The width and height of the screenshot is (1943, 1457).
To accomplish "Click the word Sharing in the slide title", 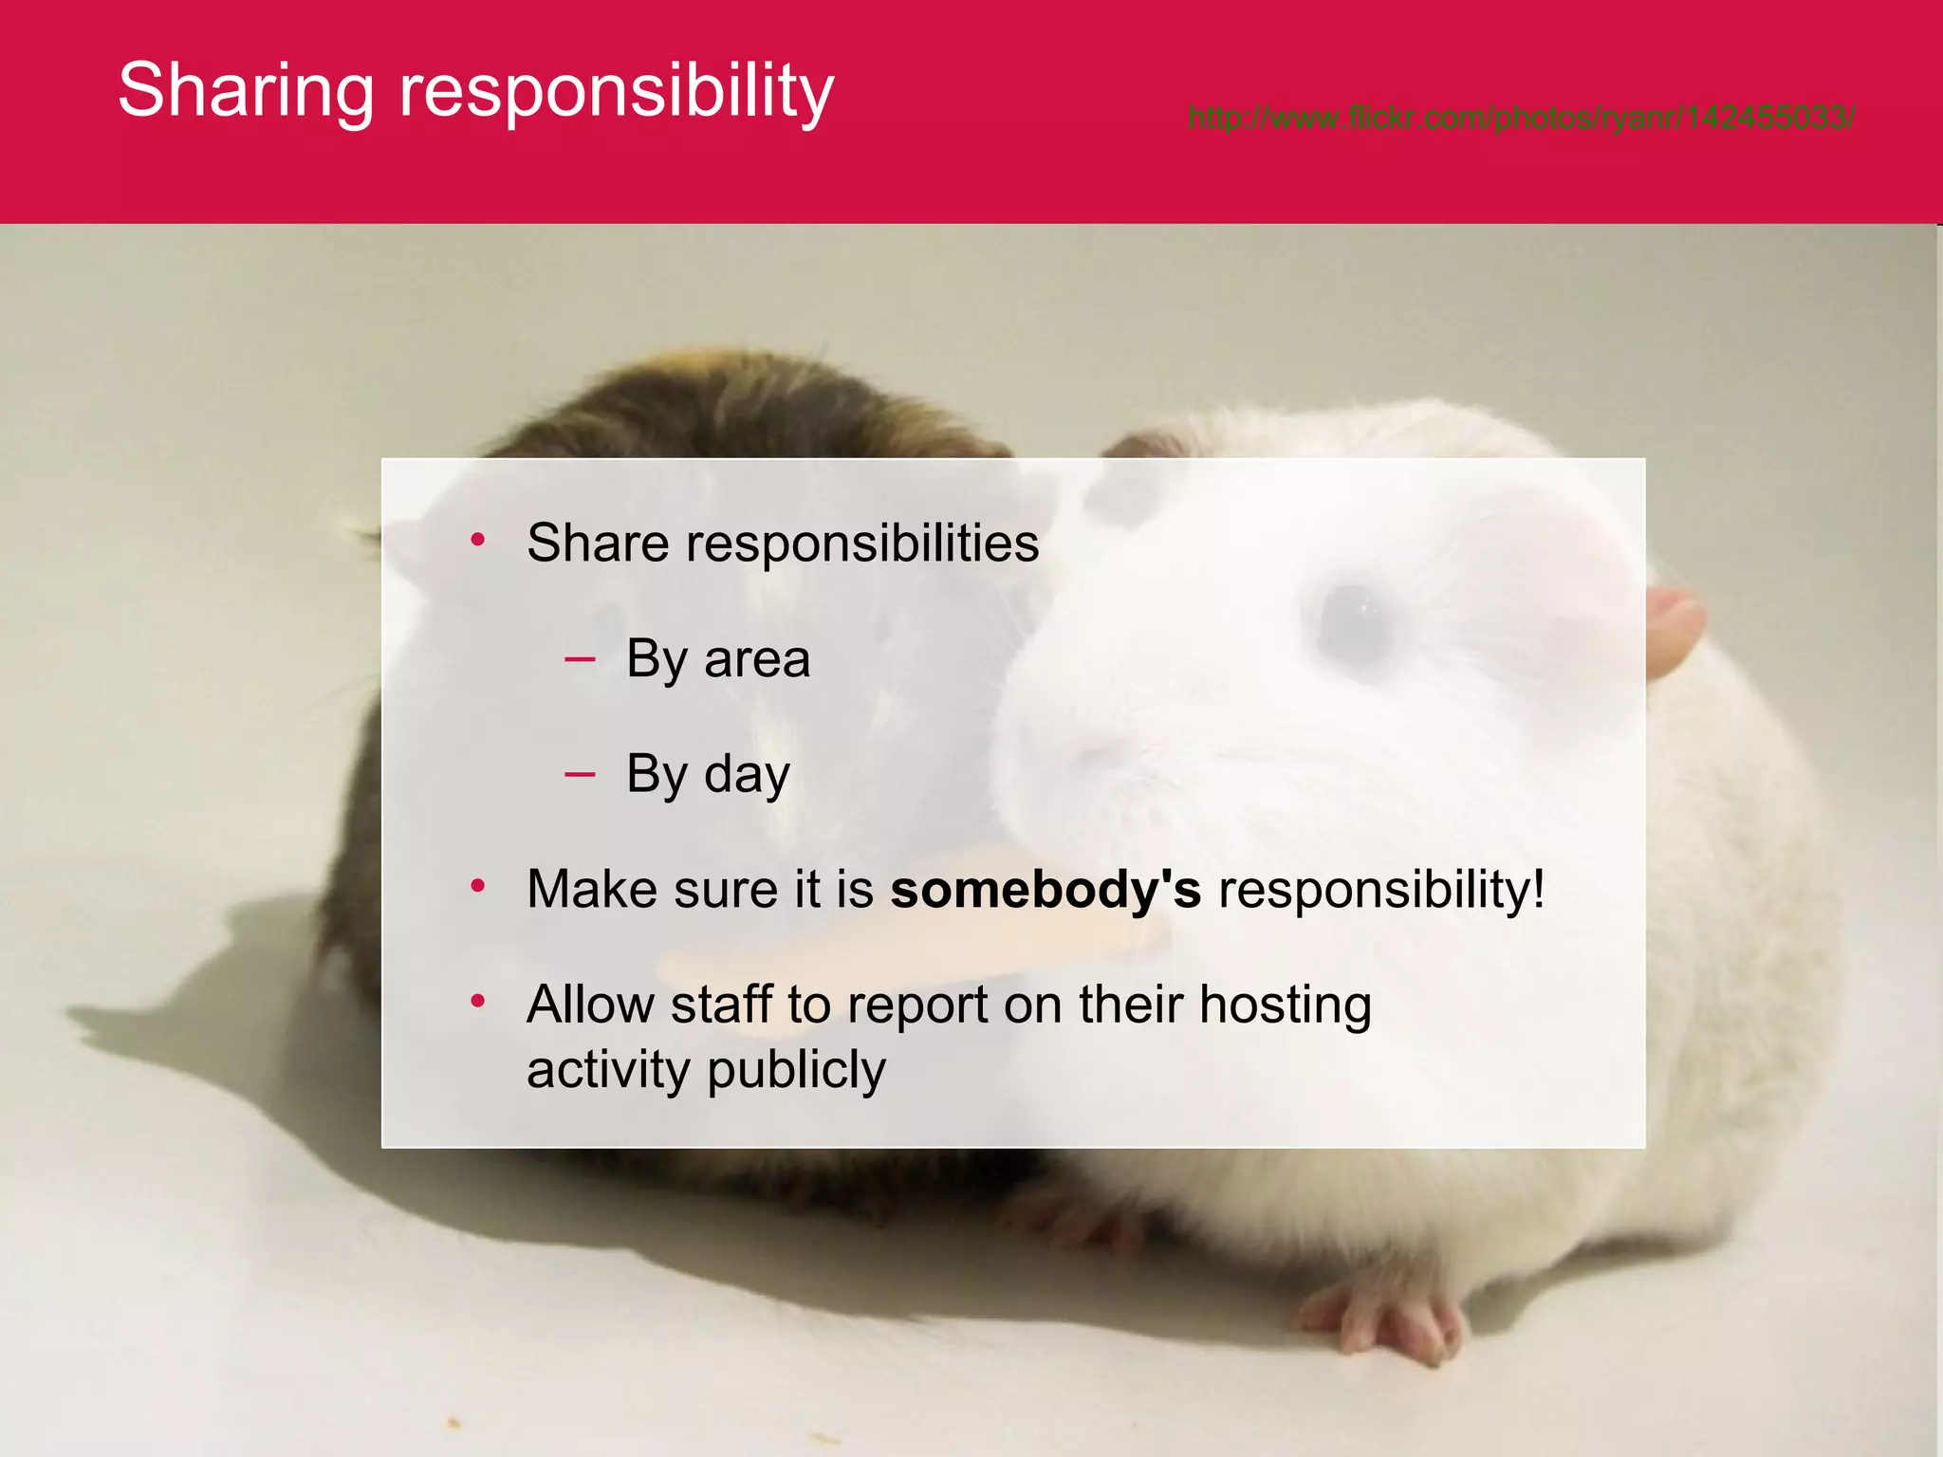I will pyautogui.click(x=246, y=91).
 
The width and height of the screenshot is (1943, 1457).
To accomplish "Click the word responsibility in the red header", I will pyautogui.click(x=616, y=91).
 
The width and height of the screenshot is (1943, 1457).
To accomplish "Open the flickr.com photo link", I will pyautogui.click(x=1521, y=119).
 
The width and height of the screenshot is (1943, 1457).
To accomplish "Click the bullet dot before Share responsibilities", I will pyautogui.click(x=478, y=541).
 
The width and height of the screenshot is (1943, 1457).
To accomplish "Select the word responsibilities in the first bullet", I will pyautogui.click(x=862, y=544).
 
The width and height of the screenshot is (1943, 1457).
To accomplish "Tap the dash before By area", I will pyautogui.click(x=580, y=658).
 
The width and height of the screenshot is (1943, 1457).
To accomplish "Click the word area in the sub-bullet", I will pyautogui.click(x=757, y=659).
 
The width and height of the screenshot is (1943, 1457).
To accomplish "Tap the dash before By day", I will pyautogui.click(x=580, y=774).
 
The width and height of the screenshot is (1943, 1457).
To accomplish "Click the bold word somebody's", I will pyautogui.click(x=1046, y=890).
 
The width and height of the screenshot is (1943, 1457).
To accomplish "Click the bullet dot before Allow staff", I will pyautogui.click(x=478, y=1002).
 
